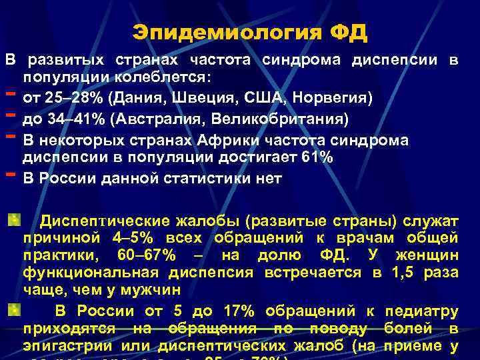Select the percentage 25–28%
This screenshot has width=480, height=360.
pyautogui.click(x=65, y=98)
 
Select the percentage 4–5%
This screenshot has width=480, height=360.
pyautogui.click(x=141, y=238)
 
